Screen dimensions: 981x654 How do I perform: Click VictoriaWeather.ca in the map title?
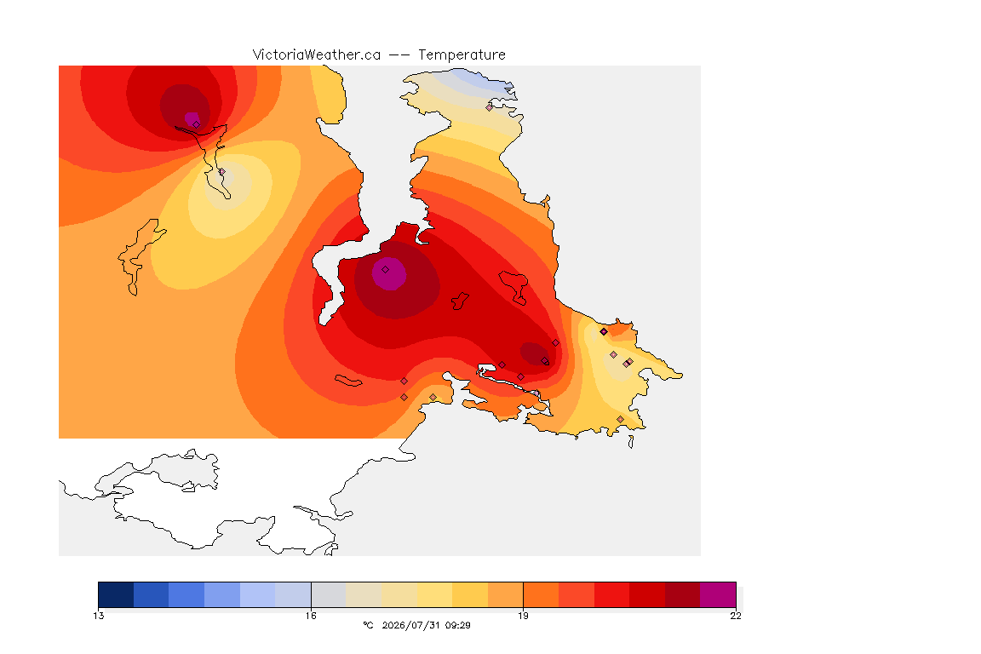[x=317, y=55]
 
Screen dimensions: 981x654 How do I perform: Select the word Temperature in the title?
[x=462, y=55]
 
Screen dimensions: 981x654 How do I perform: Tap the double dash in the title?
[x=399, y=55]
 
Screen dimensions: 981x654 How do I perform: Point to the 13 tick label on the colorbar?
[x=98, y=616]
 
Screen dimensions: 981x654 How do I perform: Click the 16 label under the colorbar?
[x=311, y=616]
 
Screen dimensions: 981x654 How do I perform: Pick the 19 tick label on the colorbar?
[x=523, y=616]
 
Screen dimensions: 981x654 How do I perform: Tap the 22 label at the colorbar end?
[x=736, y=616]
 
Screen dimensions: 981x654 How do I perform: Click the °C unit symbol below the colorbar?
[x=368, y=625]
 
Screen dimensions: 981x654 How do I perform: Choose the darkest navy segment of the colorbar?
[x=116, y=594]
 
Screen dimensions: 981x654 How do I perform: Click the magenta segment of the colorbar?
[x=718, y=594]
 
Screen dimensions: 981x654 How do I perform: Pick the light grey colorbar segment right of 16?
[x=329, y=594]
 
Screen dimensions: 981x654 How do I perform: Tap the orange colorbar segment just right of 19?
[x=542, y=594]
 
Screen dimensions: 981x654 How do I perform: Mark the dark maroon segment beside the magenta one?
[x=683, y=594]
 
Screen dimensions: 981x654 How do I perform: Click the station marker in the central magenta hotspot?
[x=386, y=270]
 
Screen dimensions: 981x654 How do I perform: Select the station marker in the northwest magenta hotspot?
[x=197, y=124]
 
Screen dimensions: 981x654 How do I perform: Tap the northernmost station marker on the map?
[x=490, y=107]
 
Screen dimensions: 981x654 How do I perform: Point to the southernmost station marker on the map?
[x=620, y=419]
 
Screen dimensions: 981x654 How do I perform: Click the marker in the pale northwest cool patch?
[x=221, y=171]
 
